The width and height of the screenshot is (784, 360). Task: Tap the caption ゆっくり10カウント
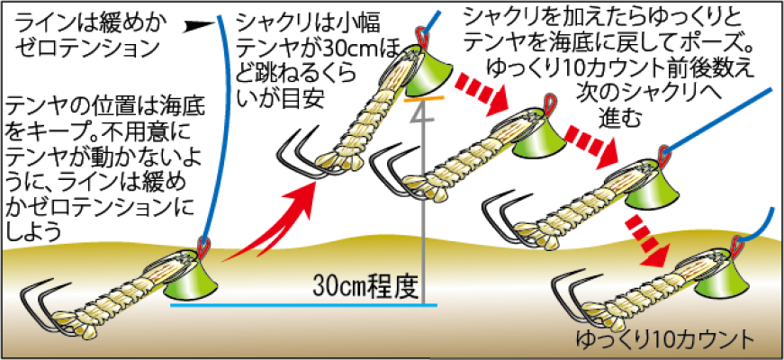click(663, 341)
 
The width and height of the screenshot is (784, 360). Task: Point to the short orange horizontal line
click(424, 98)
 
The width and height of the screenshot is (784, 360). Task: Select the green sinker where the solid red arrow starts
click(193, 280)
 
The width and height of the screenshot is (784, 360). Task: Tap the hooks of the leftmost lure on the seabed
click(41, 303)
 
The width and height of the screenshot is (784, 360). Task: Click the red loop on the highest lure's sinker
click(422, 37)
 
